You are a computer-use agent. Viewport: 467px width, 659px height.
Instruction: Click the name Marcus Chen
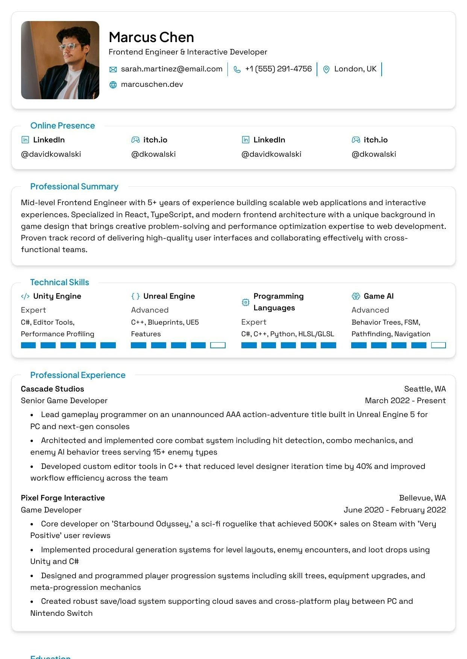pos(151,37)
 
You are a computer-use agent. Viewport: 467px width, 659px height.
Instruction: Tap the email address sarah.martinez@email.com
pos(171,69)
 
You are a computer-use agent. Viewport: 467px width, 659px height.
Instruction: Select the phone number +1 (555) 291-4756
pos(278,69)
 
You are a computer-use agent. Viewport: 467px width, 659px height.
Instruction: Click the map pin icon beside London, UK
pos(326,70)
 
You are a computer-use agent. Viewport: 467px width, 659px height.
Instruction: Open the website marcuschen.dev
pos(152,85)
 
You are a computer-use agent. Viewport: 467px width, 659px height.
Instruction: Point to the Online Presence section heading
pos(62,125)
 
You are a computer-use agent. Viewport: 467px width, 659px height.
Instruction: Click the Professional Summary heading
pos(74,186)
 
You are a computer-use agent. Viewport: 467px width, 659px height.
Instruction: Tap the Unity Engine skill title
pos(57,296)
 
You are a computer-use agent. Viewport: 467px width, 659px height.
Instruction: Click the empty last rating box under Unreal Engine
pos(218,345)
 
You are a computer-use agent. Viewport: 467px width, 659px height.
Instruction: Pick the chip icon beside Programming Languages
pos(246,302)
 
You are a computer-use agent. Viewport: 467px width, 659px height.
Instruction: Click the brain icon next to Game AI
pos(356,296)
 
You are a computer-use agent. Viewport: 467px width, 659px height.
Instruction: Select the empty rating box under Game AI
pos(438,345)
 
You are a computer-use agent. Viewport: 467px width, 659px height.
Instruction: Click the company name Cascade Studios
pos(52,389)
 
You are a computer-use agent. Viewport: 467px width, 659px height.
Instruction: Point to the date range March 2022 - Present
pos(405,401)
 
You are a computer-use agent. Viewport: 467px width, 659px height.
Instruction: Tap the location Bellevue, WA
pos(422,498)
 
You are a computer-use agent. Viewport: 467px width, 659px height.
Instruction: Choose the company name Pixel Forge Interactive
pos(63,498)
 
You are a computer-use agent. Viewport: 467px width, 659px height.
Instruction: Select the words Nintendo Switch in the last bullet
pos(61,613)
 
